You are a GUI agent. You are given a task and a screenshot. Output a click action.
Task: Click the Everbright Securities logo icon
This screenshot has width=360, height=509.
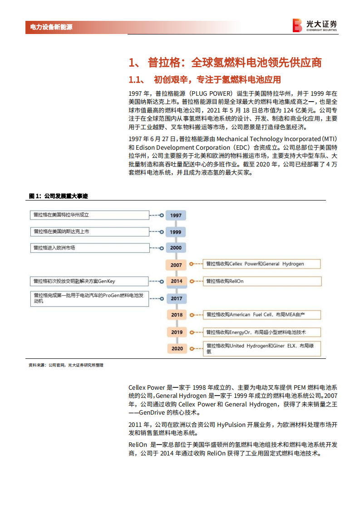point(297,25)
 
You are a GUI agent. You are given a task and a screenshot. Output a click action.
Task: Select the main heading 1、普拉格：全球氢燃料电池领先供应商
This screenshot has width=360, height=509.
point(225,62)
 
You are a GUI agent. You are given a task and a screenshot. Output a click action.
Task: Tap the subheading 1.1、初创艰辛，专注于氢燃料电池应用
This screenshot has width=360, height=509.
point(205,80)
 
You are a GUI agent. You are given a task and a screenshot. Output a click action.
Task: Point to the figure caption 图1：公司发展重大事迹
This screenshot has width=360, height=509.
point(58,196)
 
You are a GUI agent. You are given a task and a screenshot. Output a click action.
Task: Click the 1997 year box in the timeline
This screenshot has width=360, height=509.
point(177,215)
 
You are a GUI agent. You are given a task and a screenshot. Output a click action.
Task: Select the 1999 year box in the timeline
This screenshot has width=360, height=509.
point(177,232)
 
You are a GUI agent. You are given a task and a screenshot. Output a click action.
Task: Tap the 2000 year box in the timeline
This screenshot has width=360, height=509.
point(177,248)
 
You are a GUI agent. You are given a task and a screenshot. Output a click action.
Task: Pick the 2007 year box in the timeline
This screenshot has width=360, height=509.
point(177,265)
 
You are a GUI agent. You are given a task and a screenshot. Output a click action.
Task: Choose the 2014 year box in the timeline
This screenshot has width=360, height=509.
point(177,281)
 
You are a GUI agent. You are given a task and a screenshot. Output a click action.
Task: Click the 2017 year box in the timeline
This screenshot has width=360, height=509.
point(177,299)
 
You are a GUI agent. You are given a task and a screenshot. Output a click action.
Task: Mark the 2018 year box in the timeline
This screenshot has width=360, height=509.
point(177,315)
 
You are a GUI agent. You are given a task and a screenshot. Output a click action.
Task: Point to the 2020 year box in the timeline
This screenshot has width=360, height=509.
point(177,348)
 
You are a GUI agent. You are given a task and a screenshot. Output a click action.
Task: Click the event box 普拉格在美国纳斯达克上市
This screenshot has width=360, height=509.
point(90,231)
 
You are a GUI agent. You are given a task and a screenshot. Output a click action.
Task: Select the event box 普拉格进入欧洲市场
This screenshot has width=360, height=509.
point(90,248)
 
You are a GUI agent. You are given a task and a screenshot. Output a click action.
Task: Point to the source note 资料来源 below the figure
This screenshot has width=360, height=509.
point(66,365)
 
